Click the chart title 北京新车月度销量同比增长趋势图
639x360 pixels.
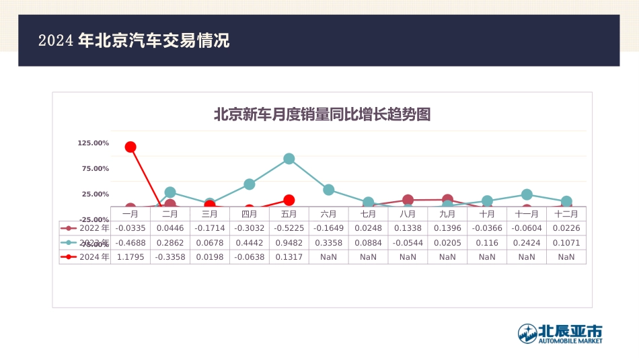click(322, 114)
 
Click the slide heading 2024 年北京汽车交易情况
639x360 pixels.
click(134, 40)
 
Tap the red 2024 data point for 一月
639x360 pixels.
click(130, 147)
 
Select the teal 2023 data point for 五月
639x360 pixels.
click(289, 159)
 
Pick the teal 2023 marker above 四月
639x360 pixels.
click(250, 184)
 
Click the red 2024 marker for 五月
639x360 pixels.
click(289, 200)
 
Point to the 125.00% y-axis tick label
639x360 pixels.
click(93, 143)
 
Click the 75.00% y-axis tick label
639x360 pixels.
click(96, 168)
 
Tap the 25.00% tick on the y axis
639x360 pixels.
click(96, 194)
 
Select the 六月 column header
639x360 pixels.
click(328, 214)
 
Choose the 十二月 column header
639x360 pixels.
click(566, 214)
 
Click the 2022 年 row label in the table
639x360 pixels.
click(94, 228)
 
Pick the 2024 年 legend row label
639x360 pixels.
click(94, 256)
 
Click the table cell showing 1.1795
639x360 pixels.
click(130, 256)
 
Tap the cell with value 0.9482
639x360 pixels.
click(289, 242)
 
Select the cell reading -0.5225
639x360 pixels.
click(289, 228)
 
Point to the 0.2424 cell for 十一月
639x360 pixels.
click(527, 242)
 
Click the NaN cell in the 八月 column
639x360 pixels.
click(408, 256)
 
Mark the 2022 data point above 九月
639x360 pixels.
click(447, 200)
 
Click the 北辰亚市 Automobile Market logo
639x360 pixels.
click(560, 333)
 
